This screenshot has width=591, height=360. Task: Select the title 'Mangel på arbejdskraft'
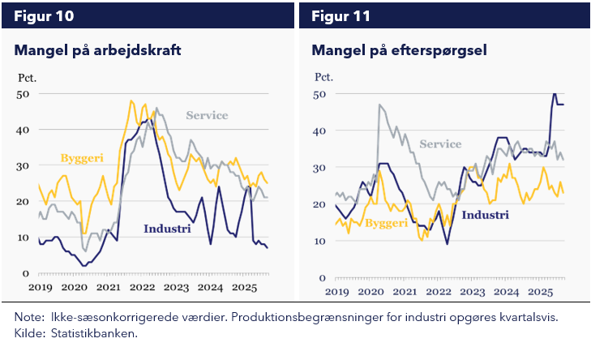(97, 51)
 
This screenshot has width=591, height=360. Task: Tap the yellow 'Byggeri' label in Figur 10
(84, 157)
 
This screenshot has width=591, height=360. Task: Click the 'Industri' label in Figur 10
(167, 229)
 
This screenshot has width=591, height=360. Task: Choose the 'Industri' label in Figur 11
(485, 215)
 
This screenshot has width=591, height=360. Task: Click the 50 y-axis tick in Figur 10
(23, 94)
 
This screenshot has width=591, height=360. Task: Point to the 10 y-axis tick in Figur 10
(23, 238)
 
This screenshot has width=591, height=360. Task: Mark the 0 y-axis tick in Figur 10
(26, 274)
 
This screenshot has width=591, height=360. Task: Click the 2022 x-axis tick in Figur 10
(143, 288)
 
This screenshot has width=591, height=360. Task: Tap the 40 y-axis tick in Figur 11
(321, 131)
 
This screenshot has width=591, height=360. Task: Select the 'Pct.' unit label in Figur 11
(324, 79)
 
